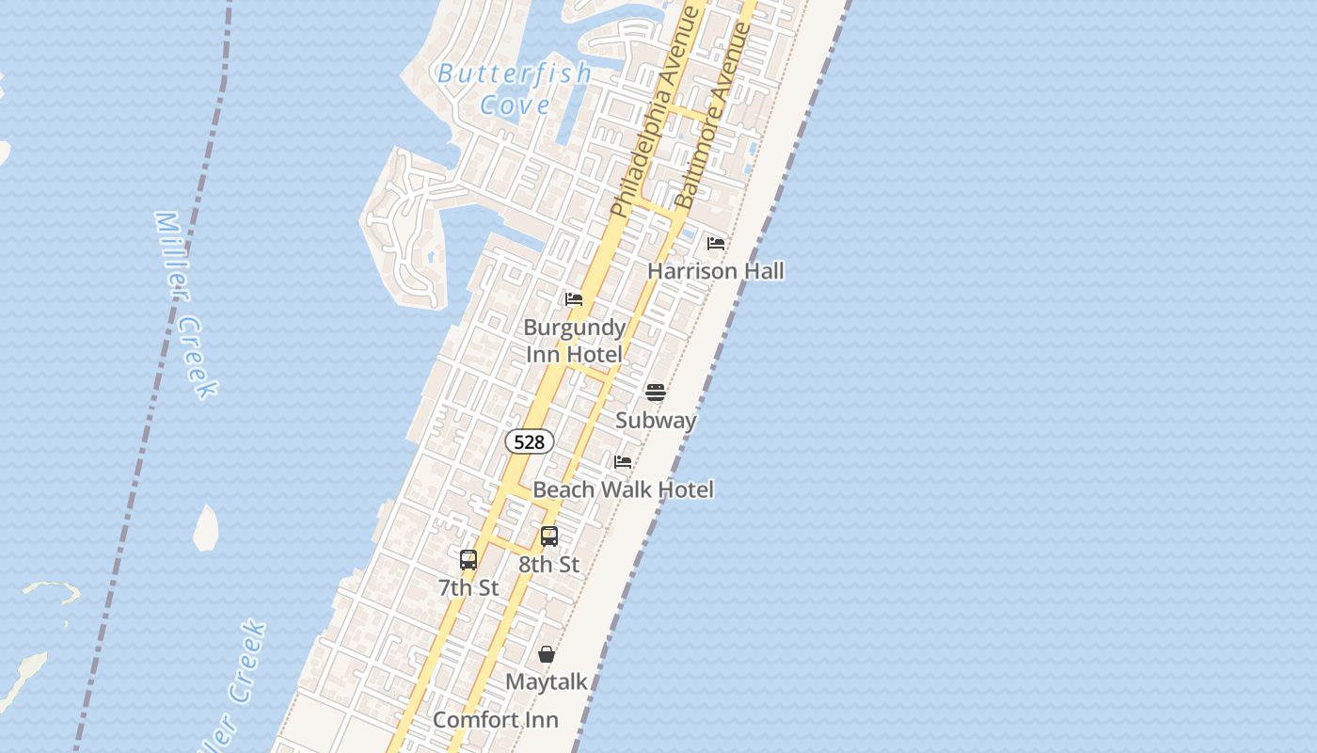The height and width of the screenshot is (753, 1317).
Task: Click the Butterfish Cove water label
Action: tap(515, 88)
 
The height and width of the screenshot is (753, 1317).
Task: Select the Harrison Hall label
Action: tap(715, 271)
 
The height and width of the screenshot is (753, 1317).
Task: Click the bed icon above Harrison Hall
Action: tap(716, 244)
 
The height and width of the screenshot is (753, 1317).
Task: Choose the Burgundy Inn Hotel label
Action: tap(574, 341)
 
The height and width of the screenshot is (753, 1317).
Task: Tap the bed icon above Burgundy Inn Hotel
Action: tap(574, 300)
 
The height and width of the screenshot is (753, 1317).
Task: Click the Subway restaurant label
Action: tap(656, 420)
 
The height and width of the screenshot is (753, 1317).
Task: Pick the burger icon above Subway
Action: tap(656, 393)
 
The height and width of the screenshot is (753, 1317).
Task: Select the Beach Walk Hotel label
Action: tap(623, 489)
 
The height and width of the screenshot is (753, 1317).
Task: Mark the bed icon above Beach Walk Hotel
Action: tap(623, 462)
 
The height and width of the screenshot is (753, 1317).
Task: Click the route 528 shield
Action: tap(530, 441)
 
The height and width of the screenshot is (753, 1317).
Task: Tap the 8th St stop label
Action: tap(549, 565)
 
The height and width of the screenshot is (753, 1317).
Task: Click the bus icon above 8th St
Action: tap(549, 537)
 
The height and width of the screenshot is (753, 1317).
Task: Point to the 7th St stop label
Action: tap(468, 588)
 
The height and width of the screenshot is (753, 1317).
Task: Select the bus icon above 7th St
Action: tap(468, 560)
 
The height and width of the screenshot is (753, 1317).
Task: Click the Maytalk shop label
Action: tap(547, 681)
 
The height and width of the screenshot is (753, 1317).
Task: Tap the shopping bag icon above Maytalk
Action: tap(547, 654)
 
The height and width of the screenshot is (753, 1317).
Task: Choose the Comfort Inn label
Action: tap(495, 720)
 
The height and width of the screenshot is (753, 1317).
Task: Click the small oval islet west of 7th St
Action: tap(206, 528)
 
